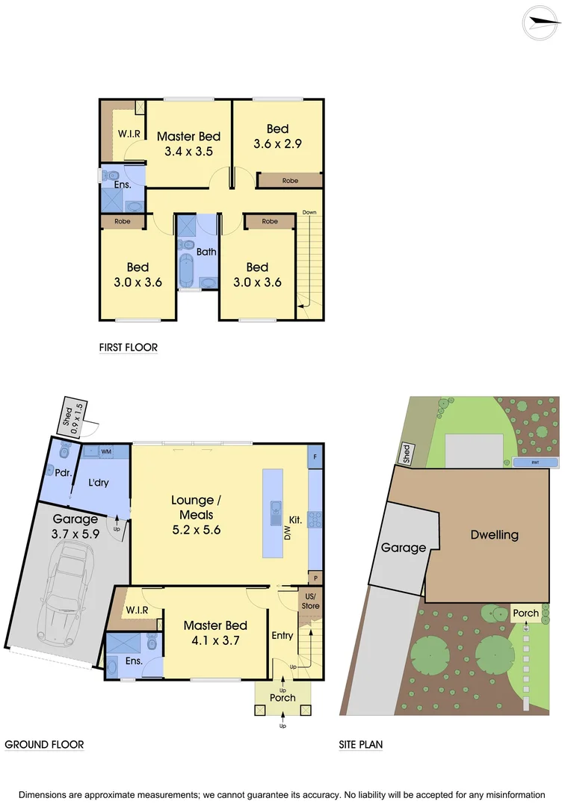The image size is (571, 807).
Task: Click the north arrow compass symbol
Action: click(x=543, y=23)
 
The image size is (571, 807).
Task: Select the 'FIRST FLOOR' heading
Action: click(x=129, y=347)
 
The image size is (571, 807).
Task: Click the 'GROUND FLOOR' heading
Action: click(x=44, y=744)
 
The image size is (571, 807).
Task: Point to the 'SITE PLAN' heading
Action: click(x=362, y=744)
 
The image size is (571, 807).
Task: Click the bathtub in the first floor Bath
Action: click(x=186, y=270)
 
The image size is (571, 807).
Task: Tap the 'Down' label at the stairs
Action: click(x=309, y=212)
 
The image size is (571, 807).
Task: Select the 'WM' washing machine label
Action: click(x=106, y=451)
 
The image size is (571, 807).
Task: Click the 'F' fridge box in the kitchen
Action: click(x=315, y=456)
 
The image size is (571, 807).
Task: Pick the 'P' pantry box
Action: click(x=315, y=578)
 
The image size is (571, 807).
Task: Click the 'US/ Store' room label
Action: click(x=310, y=601)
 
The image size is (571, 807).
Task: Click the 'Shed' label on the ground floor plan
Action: click(x=67, y=415)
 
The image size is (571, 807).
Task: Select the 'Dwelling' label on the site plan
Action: click(x=494, y=535)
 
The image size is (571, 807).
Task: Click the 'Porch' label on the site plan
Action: click(x=525, y=613)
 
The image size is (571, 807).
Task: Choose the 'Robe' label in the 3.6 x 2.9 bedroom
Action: click(x=290, y=181)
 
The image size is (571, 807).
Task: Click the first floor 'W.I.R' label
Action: click(x=128, y=134)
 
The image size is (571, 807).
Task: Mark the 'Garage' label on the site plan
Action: click(x=404, y=548)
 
